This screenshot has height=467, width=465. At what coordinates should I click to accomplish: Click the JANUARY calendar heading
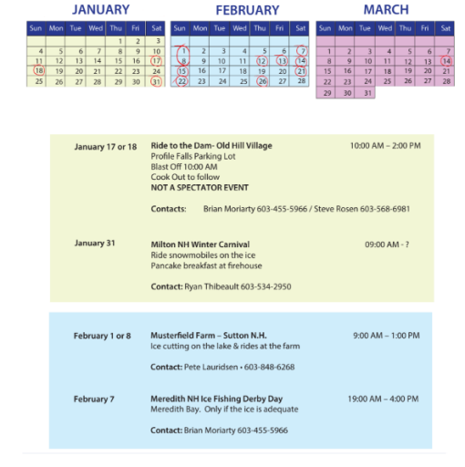(101, 10)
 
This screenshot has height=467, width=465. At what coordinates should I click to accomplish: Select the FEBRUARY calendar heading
(247, 10)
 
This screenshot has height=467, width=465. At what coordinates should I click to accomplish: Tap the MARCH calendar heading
(386, 10)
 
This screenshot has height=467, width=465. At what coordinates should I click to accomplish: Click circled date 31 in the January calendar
(156, 81)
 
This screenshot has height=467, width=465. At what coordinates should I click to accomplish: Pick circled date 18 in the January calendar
(38, 70)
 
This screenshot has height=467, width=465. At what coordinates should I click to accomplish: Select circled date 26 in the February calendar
(263, 81)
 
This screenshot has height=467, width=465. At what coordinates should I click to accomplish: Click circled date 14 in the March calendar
(446, 60)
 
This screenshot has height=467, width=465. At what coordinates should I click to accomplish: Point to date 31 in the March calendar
(367, 92)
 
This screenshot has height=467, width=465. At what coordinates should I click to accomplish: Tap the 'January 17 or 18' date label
(106, 147)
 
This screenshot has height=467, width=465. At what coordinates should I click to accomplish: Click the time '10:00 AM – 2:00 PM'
(385, 146)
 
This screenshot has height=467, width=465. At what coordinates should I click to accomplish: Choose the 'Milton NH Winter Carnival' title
(200, 244)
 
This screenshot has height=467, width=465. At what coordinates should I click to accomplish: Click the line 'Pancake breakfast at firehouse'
(206, 265)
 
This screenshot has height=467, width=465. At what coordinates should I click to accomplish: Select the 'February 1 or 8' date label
(102, 336)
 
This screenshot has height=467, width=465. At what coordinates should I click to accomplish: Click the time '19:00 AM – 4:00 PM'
(383, 399)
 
